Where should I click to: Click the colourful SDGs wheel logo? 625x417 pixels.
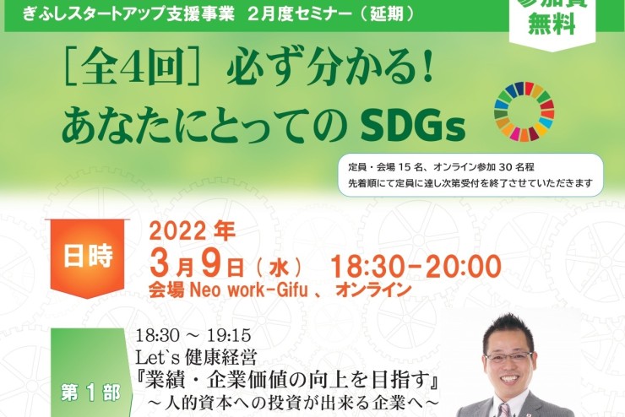524,111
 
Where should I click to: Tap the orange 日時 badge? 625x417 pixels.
88,257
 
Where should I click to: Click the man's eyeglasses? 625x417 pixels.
508,358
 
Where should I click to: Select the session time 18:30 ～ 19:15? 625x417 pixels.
193,335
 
